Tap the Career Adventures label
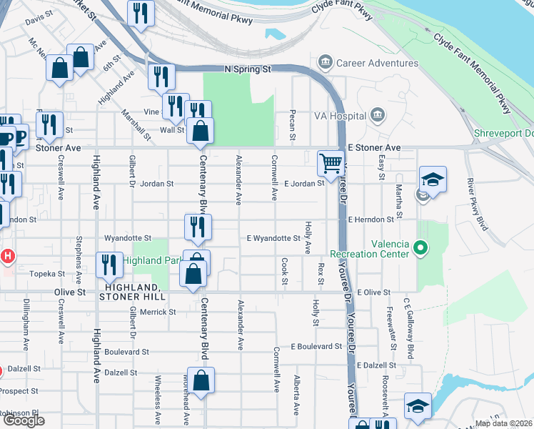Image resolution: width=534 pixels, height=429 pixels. click(x=377, y=63)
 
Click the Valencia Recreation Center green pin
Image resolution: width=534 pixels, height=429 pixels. click(x=420, y=248)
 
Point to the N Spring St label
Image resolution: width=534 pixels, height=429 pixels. click(x=248, y=70)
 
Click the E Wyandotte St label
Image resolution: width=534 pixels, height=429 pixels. click(x=273, y=238)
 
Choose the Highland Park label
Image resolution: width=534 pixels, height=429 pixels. click(x=151, y=260)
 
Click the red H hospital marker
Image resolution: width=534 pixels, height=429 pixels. click(x=8, y=255)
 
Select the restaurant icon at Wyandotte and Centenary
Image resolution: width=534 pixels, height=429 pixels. click(x=197, y=227)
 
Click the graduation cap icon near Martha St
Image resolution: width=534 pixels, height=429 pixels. click(x=433, y=179)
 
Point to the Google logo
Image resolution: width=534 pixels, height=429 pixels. click(x=24, y=420)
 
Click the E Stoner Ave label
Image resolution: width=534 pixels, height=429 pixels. click(x=374, y=147)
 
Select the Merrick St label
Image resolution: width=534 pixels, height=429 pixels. click(x=158, y=312)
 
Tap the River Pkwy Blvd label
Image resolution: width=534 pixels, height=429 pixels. click(x=477, y=204)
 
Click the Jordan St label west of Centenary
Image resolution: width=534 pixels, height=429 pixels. click(x=158, y=184)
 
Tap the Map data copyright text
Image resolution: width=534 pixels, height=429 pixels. click(x=503, y=423)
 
